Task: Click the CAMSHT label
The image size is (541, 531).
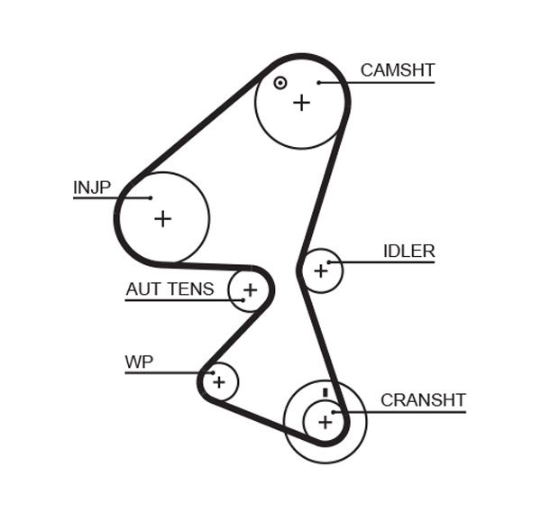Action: tap(398, 70)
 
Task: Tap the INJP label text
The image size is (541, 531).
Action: tap(92, 188)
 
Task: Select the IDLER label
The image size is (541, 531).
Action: tap(408, 252)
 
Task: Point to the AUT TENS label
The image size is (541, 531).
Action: tap(170, 289)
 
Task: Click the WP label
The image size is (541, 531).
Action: tap(139, 362)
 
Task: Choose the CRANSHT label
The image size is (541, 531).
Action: tap(423, 400)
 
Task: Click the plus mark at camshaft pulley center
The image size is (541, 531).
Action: tap(301, 103)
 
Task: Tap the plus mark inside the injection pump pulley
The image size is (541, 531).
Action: tap(162, 218)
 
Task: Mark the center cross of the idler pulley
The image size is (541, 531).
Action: tap(320, 270)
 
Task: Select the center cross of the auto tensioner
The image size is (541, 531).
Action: tap(250, 290)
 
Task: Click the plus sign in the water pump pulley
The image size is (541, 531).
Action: tap(218, 382)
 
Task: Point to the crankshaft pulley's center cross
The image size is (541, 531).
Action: tap(325, 420)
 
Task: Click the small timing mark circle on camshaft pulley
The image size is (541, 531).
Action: tap(280, 83)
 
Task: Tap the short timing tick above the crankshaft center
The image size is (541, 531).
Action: tap(325, 392)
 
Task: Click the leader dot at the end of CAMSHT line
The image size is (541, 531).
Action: tap(319, 83)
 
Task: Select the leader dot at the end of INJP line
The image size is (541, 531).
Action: tap(151, 198)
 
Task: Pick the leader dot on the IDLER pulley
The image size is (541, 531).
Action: tap(330, 262)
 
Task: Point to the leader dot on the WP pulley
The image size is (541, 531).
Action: tap(212, 372)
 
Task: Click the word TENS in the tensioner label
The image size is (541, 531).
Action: tap(194, 289)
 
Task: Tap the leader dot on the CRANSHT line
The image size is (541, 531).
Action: tap(334, 413)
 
